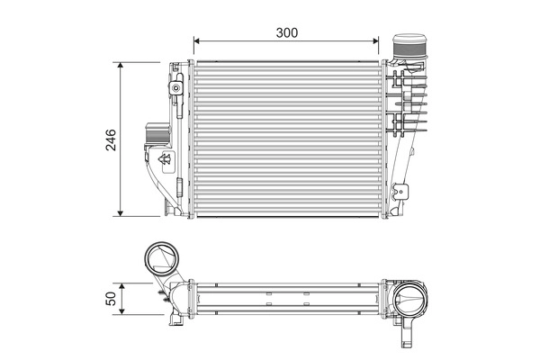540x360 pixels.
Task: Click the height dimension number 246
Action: pos(110,139)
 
